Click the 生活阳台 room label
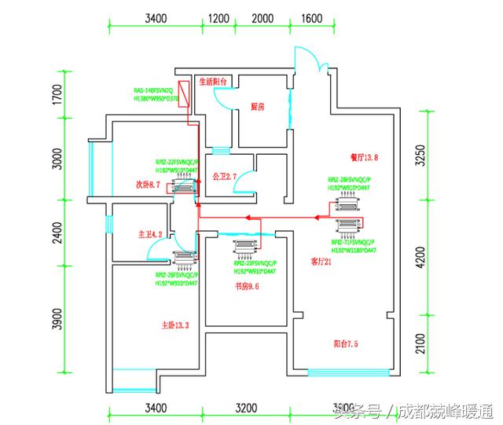pyautogui.click(x=213, y=81)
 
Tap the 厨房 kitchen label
pyautogui.click(x=257, y=105)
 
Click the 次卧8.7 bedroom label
pyautogui.click(x=148, y=185)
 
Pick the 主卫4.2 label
pyautogui.click(x=149, y=233)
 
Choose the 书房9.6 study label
pyautogui.click(x=248, y=286)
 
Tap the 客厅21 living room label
pyautogui.click(x=321, y=262)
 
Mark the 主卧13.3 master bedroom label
pyautogui.click(x=175, y=325)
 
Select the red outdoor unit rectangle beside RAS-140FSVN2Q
pyautogui.click(x=183, y=93)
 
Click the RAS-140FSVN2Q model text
pyautogui.click(x=153, y=90)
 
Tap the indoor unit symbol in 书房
pyautogui.click(x=244, y=248)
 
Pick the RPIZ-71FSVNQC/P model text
pyautogui.click(x=353, y=243)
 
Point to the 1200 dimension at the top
pyautogui.click(x=218, y=17)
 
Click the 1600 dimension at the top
pyautogui.click(x=312, y=17)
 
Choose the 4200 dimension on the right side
pyautogui.click(x=419, y=257)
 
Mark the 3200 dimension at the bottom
pyautogui.click(x=246, y=409)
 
